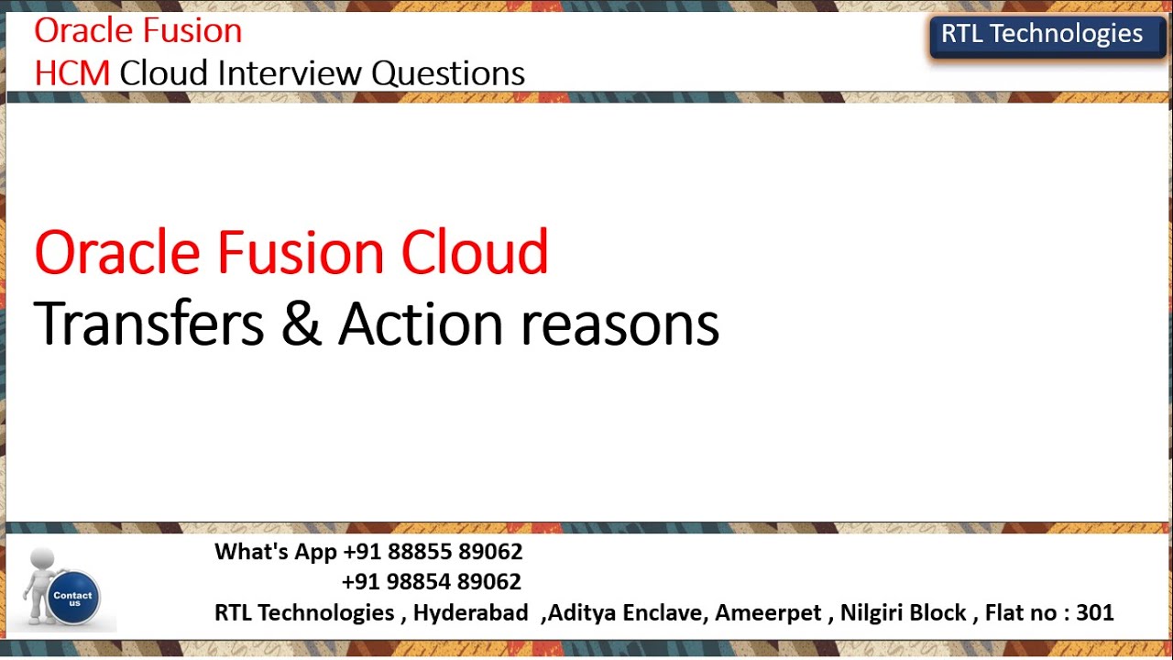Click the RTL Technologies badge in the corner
click(1042, 35)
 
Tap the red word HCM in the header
click(71, 73)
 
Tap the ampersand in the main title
click(301, 324)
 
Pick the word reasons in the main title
click(619, 325)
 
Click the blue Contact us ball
click(73, 597)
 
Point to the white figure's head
click(42, 558)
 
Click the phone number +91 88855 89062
click(433, 552)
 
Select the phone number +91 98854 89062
click(431, 582)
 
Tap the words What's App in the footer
click(276, 552)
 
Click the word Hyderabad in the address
click(470, 612)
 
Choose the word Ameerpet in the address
click(768, 612)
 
